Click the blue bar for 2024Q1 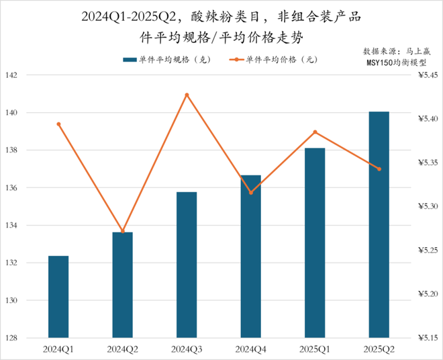click(58, 296)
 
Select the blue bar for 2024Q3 click(187, 265)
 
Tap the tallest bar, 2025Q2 click(379, 224)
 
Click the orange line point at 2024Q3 click(187, 95)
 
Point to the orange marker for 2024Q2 click(122, 231)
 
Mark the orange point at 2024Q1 click(58, 124)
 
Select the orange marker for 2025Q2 click(379, 169)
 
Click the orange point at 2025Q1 click(315, 132)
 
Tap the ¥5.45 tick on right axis click(423, 75)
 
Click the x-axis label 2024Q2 click(122, 350)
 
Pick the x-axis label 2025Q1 click(315, 350)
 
